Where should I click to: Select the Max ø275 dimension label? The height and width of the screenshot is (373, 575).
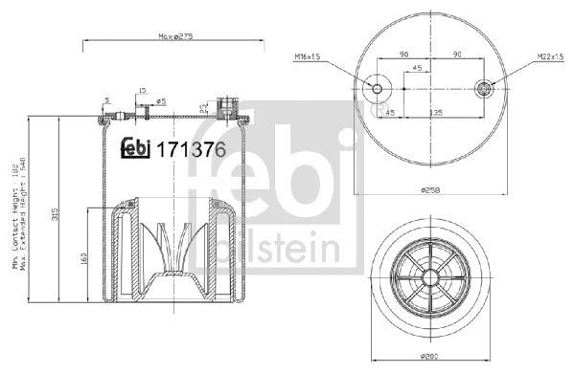click(x=174, y=37)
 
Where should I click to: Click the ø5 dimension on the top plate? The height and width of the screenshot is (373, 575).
click(x=162, y=100)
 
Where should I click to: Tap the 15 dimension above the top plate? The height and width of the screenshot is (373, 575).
click(x=142, y=91)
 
